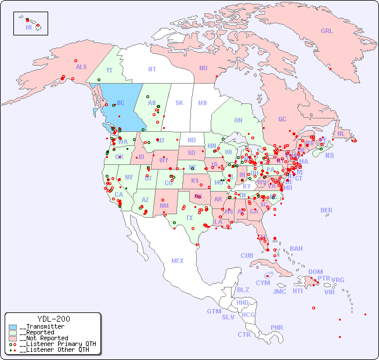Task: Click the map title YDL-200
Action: (53, 319)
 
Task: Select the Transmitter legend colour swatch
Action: (13, 327)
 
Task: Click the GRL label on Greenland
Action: (327, 31)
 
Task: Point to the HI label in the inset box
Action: (28, 27)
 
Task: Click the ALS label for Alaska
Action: (81, 67)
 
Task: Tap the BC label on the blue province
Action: (121, 103)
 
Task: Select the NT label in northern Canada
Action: (152, 69)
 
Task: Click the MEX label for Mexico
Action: (178, 261)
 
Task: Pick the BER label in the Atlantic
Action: (327, 210)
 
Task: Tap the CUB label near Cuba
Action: (247, 255)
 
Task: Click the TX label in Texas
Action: (189, 218)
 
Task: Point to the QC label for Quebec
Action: (282, 119)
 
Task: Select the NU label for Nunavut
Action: (203, 68)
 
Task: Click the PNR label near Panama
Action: (277, 327)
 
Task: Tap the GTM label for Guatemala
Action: (214, 311)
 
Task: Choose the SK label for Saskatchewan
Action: (179, 103)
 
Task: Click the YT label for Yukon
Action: (109, 70)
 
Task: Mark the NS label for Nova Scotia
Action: (329, 155)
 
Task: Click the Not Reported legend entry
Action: (43, 338)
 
